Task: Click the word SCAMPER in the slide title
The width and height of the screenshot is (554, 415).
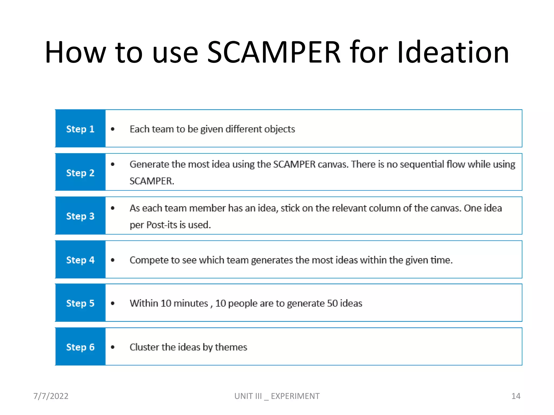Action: pos(273,52)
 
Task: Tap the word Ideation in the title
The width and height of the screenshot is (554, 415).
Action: pos(453,52)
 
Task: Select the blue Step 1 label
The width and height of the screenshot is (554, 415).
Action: pos(80,129)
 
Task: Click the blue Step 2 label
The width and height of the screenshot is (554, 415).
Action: pos(80,173)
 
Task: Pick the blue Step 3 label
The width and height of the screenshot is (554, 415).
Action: pos(80,216)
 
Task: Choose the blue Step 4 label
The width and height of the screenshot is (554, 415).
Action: pos(80,260)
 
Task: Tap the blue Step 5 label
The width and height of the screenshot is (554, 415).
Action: pos(80,303)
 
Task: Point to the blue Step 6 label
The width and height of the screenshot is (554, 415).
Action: pos(80,347)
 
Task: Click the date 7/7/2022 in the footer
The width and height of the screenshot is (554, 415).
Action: pos(51,396)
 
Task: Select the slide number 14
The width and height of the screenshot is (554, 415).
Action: pos(516,396)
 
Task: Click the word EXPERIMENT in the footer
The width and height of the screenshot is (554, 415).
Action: pos(295,396)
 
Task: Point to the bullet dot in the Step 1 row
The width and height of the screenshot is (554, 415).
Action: pos(113,129)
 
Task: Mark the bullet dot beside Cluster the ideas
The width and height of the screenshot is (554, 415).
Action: pos(113,347)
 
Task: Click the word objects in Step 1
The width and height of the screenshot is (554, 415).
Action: pos(280,129)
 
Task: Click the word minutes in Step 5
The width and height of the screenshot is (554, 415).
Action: pos(191,303)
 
